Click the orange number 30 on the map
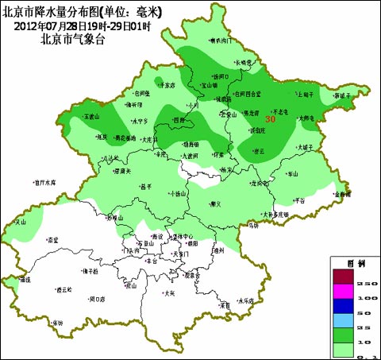click(x=270, y=119)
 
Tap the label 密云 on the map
click(x=257, y=150)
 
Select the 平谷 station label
click(x=299, y=200)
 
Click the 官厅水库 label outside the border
click(x=45, y=181)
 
